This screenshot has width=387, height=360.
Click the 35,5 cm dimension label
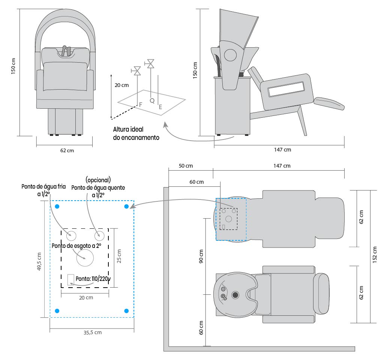[x=92, y=332]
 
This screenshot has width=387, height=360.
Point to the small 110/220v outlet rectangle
[x=70, y=280]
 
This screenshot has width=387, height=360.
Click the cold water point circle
[x=71, y=236]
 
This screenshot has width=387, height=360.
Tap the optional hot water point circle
[x=99, y=236]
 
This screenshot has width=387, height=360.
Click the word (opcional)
[x=98, y=179]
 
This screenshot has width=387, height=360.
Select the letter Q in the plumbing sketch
[x=152, y=100]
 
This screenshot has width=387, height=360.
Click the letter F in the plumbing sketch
[x=141, y=104]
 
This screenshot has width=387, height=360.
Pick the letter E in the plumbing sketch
[x=160, y=107]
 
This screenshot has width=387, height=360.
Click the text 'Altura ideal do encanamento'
[x=136, y=133]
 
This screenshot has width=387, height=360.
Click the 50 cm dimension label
[x=186, y=166]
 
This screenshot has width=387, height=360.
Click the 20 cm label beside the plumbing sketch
[x=122, y=85]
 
